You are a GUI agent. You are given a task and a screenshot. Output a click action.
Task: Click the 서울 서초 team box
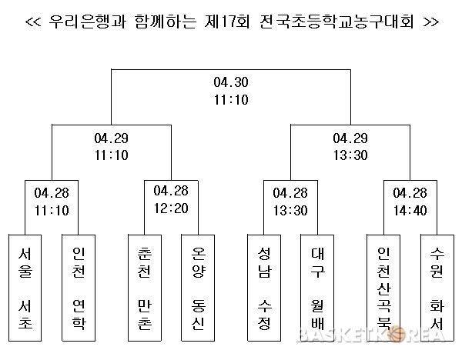click(x=25, y=288)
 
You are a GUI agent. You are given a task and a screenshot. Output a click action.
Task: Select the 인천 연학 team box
click(x=79, y=288)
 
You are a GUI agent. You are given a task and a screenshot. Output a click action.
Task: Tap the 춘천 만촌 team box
click(x=145, y=288)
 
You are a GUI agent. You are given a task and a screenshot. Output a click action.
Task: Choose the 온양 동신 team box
click(x=198, y=288)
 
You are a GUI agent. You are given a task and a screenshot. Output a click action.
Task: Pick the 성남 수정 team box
click(x=264, y=288)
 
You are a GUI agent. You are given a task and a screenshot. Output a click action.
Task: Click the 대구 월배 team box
click(x=317, y=288)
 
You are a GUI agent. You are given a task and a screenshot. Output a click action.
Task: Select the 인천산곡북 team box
click(x=383, y=288)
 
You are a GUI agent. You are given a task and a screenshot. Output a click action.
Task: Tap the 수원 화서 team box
click(x=437, y=288)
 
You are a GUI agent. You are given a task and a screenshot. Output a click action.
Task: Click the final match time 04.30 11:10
click(x=231, y=91)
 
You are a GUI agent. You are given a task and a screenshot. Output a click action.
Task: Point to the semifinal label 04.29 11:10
click(x=112, y=147)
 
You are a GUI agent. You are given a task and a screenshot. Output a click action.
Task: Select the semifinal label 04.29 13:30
click(x=350, y=147)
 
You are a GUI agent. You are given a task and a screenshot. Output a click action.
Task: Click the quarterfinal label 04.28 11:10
click(x=52, y=202)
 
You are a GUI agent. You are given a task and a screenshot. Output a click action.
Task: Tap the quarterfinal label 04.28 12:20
click(x=171, y=199)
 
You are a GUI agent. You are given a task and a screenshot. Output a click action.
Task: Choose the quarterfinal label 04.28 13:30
click(x=290, y=202)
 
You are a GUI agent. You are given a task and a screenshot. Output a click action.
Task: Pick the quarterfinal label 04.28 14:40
click(x=410, y=202)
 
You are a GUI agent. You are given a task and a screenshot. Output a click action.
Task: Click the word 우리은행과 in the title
click(x=88, y=22)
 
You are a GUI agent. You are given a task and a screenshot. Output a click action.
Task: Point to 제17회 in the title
click(x=227, y=22)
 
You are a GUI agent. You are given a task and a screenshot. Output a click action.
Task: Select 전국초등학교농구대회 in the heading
click(x=337, y=22)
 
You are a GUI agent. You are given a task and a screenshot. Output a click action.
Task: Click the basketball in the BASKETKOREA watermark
click(x=396, y=335)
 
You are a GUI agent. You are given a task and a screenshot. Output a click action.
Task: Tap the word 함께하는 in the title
click(x=166, y=22)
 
